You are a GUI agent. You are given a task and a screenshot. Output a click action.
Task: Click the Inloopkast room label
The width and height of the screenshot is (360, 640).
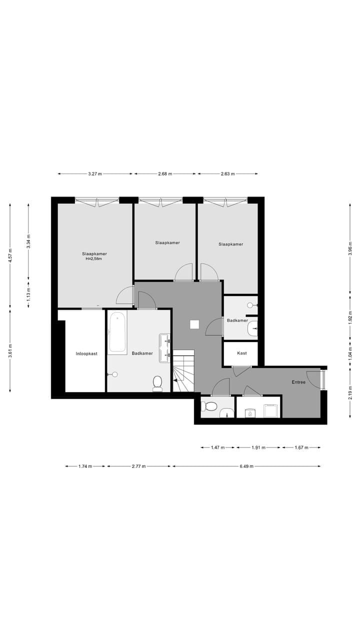[x=86, y=353]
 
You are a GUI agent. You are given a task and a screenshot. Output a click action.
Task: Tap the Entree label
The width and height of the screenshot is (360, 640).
[x=298, y=382]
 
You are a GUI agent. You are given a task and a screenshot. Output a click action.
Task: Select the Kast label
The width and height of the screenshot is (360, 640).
[x=242, y=353]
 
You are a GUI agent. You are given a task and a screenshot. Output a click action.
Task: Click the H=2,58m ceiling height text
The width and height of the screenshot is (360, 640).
[x=94, y=259]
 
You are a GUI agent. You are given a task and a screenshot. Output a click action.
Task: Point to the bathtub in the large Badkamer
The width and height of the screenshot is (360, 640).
[x=117, y=332]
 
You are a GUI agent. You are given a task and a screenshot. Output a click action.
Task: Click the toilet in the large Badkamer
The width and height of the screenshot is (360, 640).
[x=157, y=383]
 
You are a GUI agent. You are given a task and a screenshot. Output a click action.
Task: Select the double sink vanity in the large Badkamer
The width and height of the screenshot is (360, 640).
[x=165, y=347]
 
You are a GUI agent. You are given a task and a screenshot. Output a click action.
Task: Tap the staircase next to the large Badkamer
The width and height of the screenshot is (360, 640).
[x=183, y=371]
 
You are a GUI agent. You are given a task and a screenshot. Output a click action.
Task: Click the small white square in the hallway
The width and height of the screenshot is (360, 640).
[x=194, y=324]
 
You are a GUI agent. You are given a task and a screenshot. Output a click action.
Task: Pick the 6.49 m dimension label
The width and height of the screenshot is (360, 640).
[x=246, y=466]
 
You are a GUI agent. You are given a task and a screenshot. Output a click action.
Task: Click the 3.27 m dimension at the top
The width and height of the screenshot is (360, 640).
[x=95, y=174]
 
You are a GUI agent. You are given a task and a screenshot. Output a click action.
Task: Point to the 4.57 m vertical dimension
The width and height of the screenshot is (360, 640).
[x=10, y=259]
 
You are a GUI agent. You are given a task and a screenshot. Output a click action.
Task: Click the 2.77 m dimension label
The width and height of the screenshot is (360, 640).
[x=138, y=466]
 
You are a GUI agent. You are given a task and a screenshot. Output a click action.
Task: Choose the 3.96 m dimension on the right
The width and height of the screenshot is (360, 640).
[x=350, y=248]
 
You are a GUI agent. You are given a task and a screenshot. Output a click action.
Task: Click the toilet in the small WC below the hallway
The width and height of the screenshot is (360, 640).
[x=210, y=406]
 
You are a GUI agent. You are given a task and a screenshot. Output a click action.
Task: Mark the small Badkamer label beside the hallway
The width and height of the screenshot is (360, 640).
[x=237, y=320]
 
